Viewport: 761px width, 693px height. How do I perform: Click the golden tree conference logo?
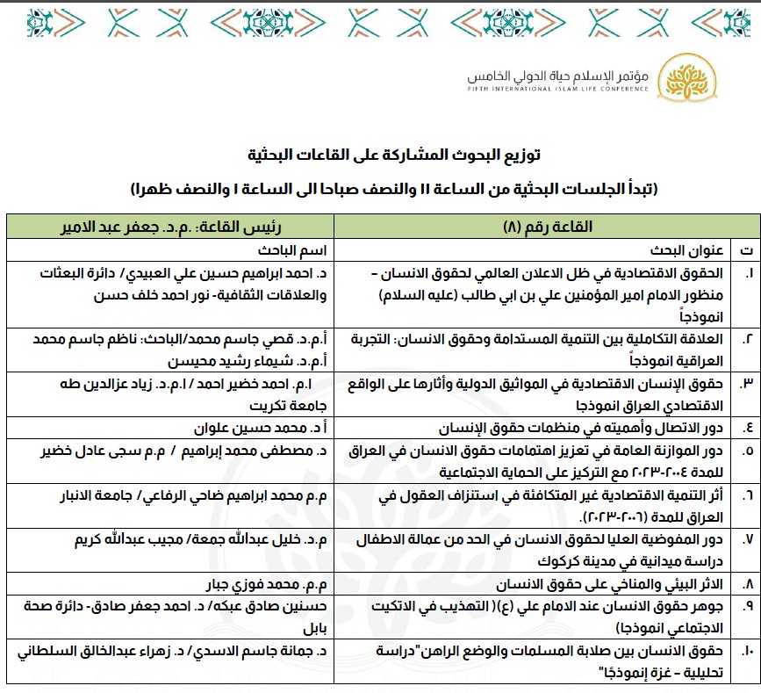click(681, 78)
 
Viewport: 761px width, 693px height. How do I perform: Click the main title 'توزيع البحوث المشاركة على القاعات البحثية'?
click(391, 156)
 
